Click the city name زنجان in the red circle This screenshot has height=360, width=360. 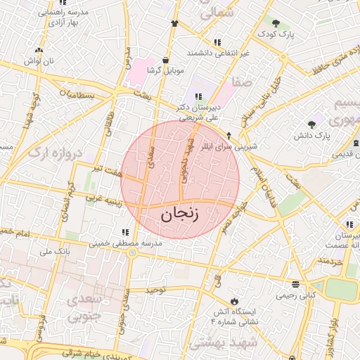180,214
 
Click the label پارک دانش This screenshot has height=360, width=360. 313,134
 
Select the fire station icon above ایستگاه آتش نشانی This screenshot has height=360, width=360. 235,301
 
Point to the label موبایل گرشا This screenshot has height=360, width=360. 165,71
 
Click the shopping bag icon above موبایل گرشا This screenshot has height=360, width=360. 165,60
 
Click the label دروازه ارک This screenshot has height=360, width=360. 56,152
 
